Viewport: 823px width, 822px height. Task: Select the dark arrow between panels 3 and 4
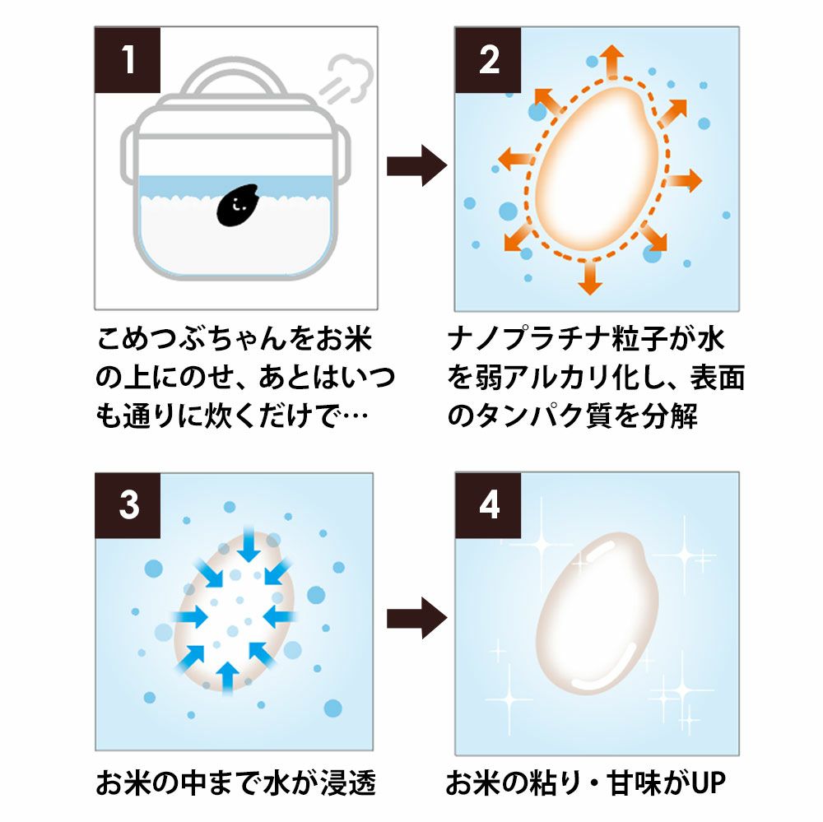tap(416, 614)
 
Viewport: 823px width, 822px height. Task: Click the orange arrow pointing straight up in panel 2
tap(611, 63)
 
